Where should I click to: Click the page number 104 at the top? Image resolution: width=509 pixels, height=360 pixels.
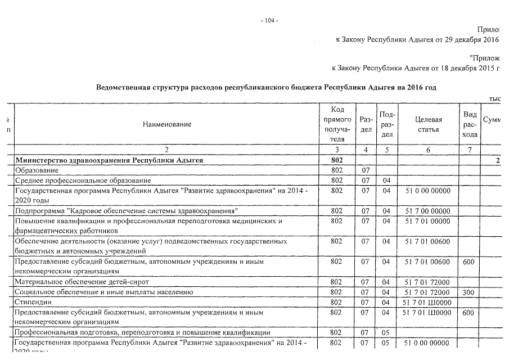coord(270,21)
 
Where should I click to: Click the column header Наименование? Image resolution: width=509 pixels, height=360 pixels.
coord(167,124)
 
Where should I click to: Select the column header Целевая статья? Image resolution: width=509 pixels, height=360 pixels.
coord(428,124)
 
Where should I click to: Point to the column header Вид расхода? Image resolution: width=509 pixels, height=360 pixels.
coord(471,124)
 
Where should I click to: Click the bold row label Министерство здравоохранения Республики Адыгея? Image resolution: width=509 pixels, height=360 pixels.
coord(109,161)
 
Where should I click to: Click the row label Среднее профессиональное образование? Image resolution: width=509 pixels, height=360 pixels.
coord(83,181)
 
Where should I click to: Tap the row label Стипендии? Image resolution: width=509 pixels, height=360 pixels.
coord(34,302)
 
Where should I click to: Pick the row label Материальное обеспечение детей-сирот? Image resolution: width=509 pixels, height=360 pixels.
coord(82,282)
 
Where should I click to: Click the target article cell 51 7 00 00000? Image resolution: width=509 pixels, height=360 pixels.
coord(427,211)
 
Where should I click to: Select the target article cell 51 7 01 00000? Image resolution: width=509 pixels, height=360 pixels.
coord(427,221)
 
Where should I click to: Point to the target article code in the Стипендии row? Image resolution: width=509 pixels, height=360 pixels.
coord(427,302)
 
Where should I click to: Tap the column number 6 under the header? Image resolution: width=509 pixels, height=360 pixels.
coord(428,150)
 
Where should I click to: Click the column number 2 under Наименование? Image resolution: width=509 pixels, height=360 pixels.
coord(167,150)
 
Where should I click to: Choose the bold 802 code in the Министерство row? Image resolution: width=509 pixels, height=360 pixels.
coord(337,161)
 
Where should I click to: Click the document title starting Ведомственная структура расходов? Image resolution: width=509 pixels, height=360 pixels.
coord(266,88)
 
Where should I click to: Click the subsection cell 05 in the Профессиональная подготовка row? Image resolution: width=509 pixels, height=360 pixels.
coord(386,332)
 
